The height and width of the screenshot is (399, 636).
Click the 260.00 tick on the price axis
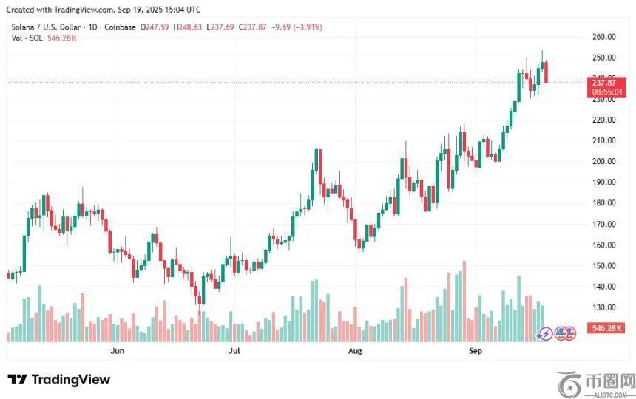pyautogui.click(x=604, y=37)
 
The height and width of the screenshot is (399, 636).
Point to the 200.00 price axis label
pyautogui.click(x=604, y=161)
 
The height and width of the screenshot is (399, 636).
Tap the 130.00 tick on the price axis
pyautogui.click(x=604, y=307)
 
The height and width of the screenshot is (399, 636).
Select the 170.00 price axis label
pyautogui.click(x=604, y=224)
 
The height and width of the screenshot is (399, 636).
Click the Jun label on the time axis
pyautogui.click(x=117, y=351)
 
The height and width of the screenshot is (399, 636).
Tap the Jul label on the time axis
pyautogui.click(x=235, y=351)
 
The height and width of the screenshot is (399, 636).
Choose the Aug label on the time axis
pyautogui.click(x=356, y=351)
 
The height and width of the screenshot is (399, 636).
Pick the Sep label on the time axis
pyautogui.click(x=476, y=351)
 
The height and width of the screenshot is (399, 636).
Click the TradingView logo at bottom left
pyautogui.click(x=59, y=380)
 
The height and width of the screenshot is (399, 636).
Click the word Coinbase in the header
pyautogui.click(x=121, y=27)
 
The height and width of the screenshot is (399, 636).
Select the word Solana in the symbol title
pyautogui.click(x=25, y=27)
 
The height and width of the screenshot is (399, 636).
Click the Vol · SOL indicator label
pyautogui.click(x=27, y=38)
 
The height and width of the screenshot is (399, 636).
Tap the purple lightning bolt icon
pyautogui.click(x=546, y=333)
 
